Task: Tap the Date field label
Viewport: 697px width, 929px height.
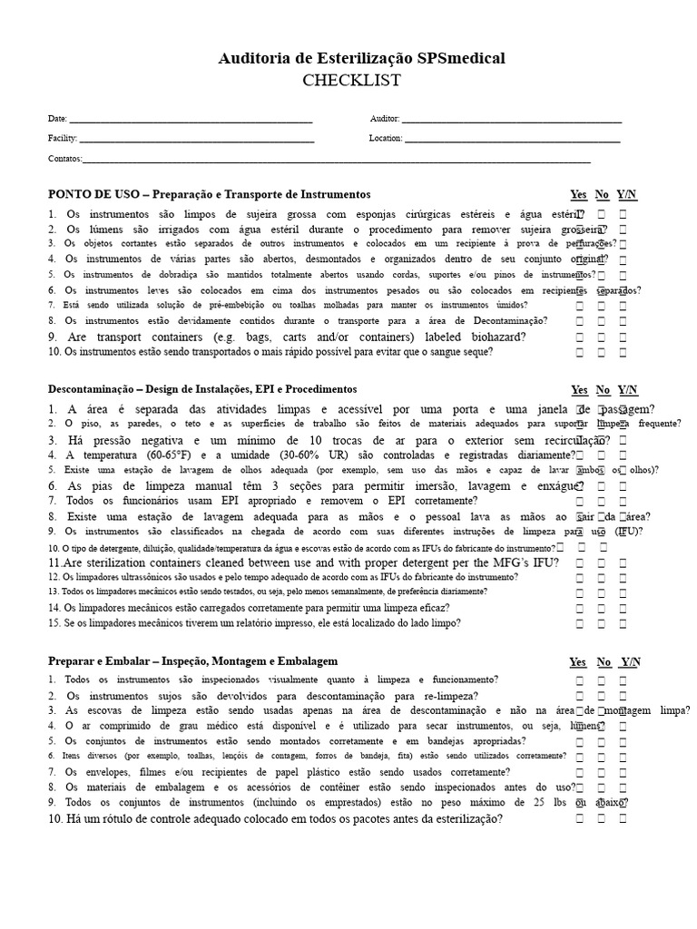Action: point(57,119)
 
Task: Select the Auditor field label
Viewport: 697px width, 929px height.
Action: point(385,119)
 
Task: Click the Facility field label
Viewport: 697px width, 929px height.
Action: point(63,139)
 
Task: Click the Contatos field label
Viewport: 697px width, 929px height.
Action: point(64,159)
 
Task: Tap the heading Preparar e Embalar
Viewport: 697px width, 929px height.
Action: point(104,662)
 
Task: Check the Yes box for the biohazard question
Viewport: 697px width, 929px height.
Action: point(579,337)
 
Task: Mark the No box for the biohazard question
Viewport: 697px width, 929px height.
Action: point(601,337)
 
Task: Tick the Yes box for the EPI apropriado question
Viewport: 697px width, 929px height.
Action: point(579,501)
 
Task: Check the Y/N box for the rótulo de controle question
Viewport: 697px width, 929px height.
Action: point(623,818)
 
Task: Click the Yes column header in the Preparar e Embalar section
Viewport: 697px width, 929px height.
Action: point(578,662)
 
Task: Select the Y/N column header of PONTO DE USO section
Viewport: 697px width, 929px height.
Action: point(627,195)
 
